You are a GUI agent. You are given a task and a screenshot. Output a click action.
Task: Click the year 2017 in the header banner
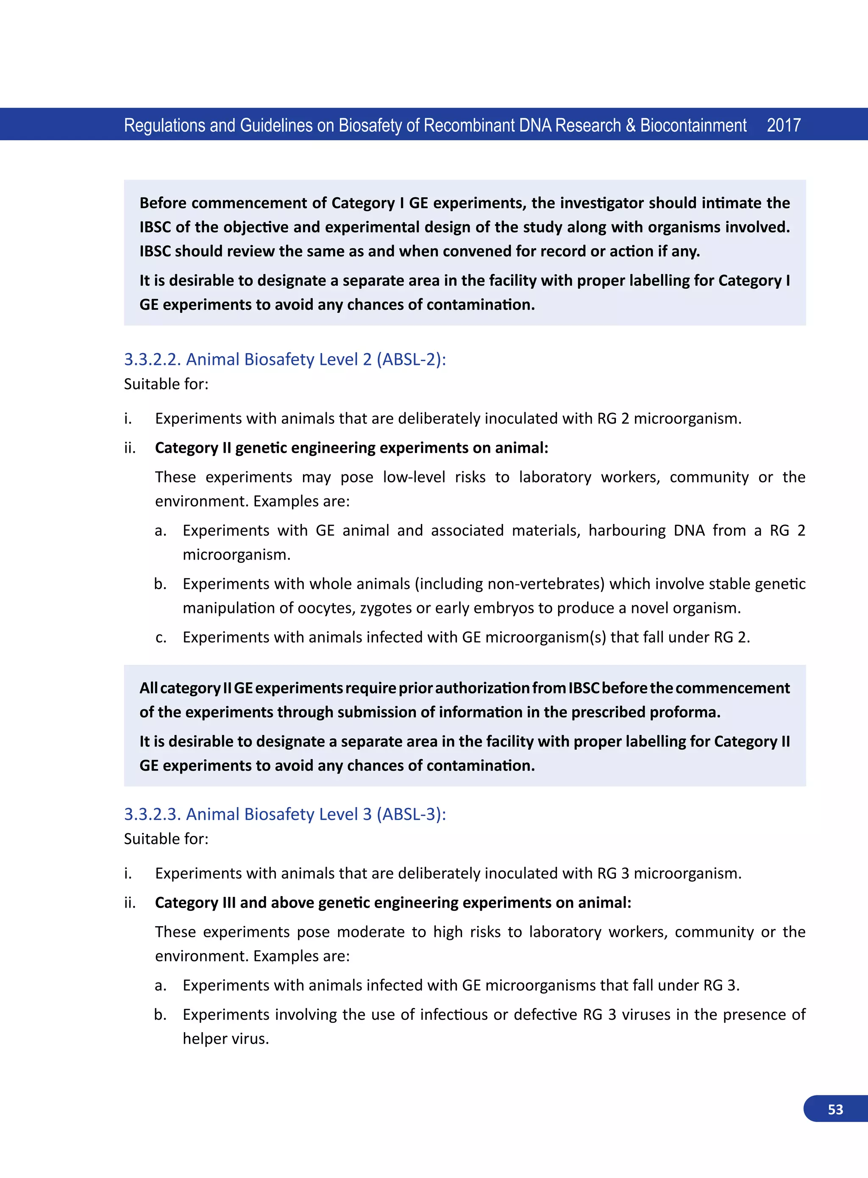(x=783, y=125)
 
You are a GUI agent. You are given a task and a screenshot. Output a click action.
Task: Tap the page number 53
(x=835, y=1109)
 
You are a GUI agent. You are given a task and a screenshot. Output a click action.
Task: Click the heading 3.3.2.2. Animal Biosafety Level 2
(x=284, y=359)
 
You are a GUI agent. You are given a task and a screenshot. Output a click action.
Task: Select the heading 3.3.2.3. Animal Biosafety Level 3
(x=284, y=814)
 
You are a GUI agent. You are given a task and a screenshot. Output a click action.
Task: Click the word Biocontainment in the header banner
(x=693, y=125)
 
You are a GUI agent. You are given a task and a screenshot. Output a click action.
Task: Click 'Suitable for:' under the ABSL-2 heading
(x=166, y=384)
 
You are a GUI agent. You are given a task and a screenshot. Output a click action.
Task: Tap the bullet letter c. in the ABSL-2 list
(x=161, y=638)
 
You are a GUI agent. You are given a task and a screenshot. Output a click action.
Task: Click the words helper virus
(x=225, y=1039)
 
